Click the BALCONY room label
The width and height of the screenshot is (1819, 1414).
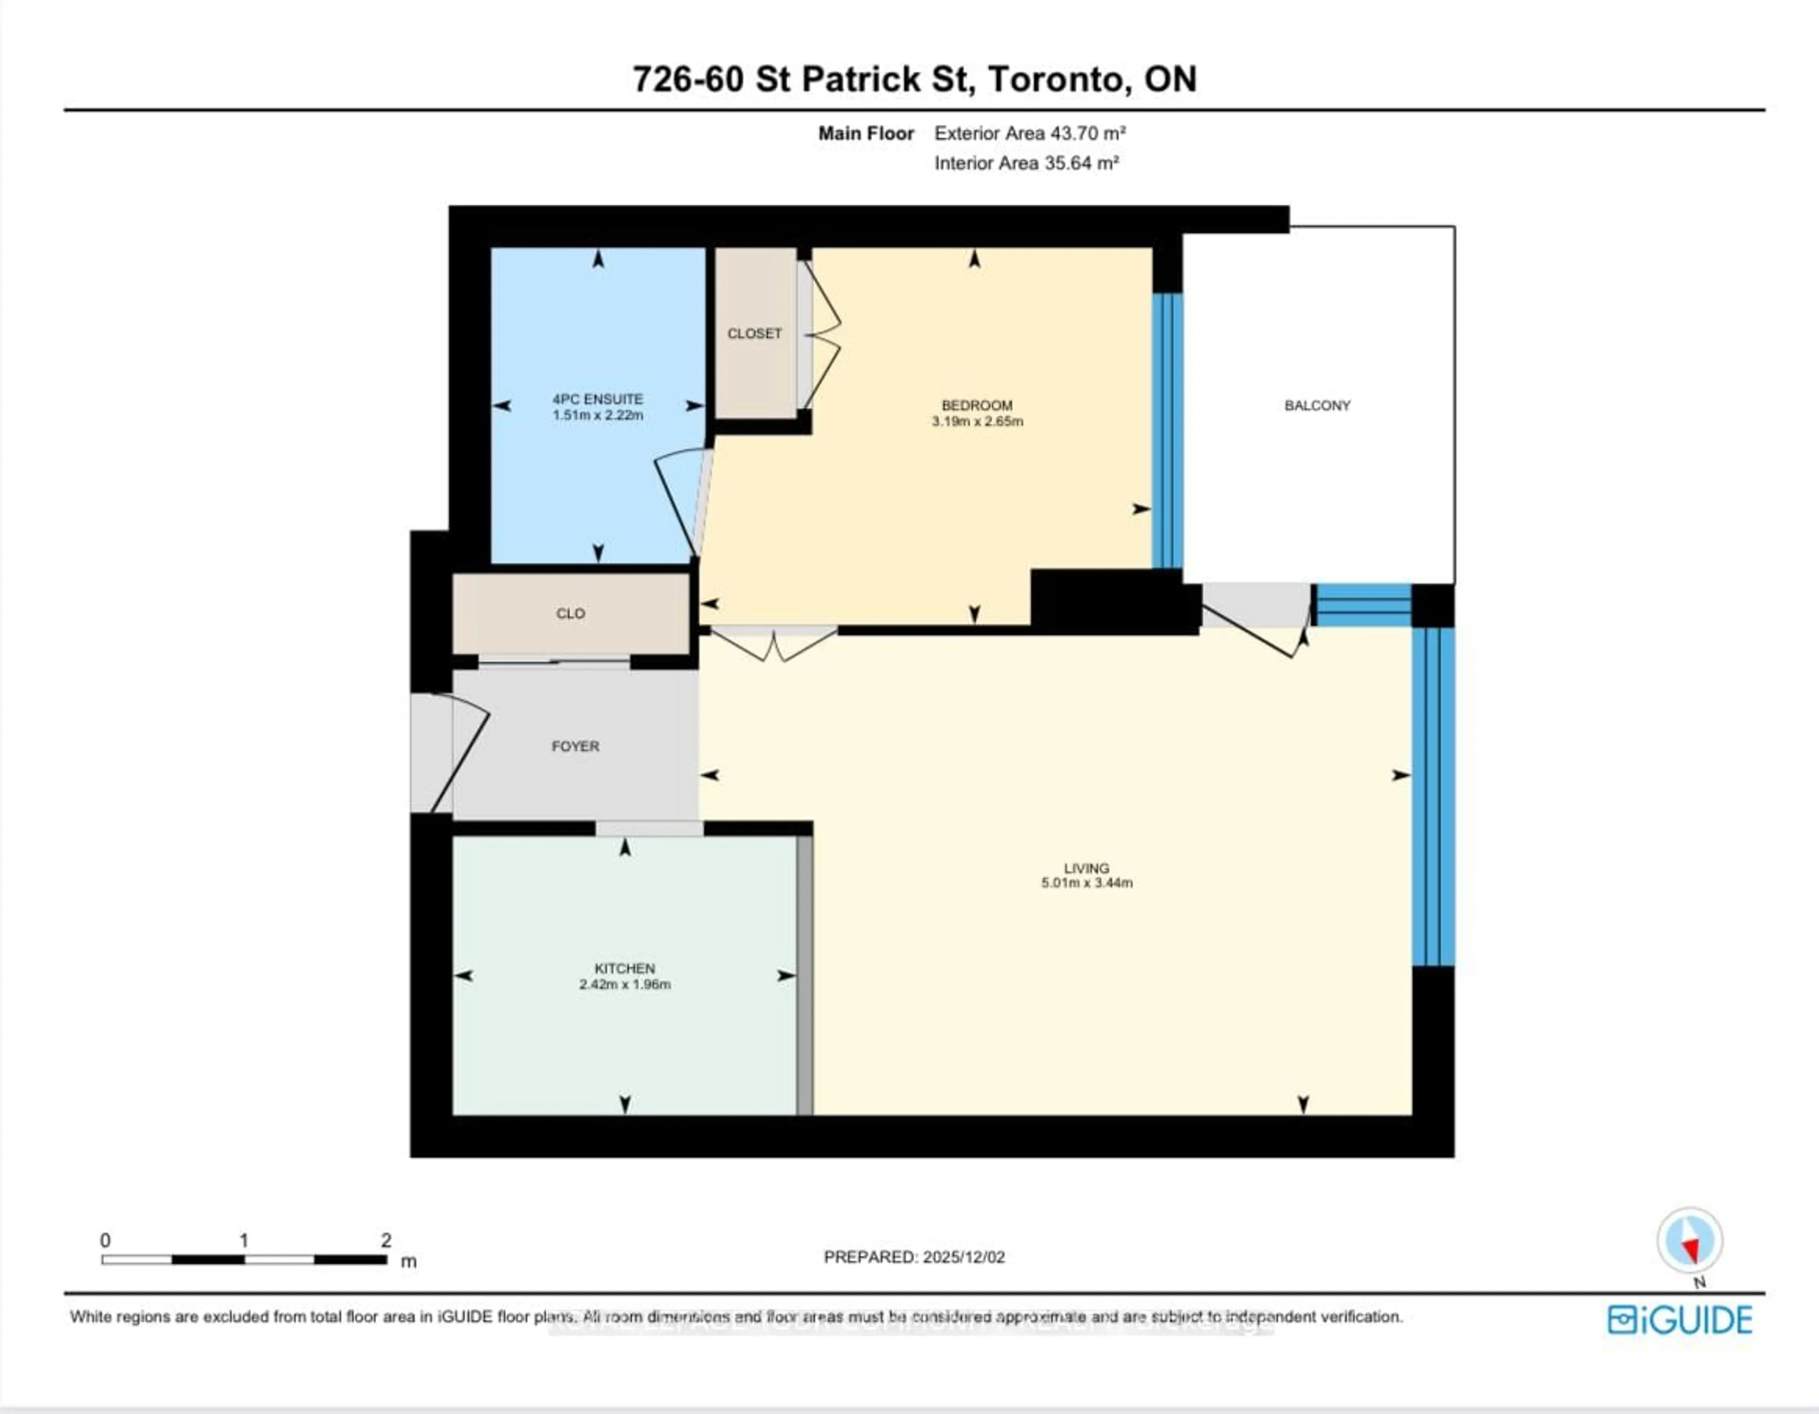pyautogui.click(x=1317, y=405)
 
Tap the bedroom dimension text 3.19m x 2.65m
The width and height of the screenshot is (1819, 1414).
pyautogui.click(x=977, y=422)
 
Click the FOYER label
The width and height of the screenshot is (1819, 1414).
pyautogui.click(x=575, y=746)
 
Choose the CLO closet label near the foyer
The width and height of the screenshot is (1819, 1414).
pyautogui.click(x=570, y=614)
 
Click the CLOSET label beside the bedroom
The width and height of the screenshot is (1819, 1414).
pyautogui.click(x=755, y=333)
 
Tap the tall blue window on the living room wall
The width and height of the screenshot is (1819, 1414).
pyautogui.click(x=1432, y=795)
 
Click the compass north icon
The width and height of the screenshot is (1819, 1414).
pyautogui.click(x=1689, y=1241)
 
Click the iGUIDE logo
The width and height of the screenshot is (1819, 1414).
pyautogui.click(x=1679, y=1320)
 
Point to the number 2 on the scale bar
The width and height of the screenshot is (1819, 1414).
pyautogui.click(x=386, y=1240)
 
